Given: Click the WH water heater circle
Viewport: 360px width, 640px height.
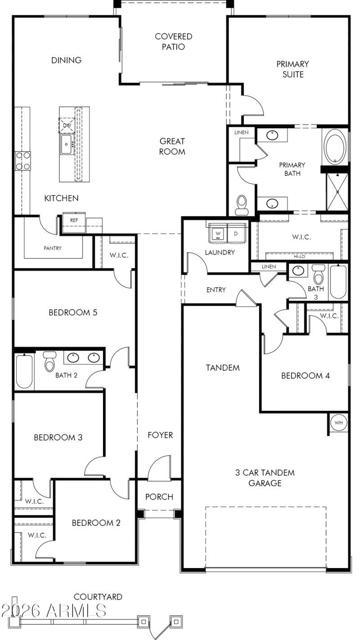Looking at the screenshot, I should click(339, 423).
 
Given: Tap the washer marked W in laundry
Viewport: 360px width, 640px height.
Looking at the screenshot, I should click(218, 234).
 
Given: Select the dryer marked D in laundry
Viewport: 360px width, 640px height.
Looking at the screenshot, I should click(236, 234).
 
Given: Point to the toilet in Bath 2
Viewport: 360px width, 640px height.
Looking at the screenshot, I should click(49, 361).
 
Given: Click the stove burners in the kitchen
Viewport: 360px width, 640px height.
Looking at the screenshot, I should click(23, 161).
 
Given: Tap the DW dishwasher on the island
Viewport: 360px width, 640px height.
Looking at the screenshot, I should click(67, 125).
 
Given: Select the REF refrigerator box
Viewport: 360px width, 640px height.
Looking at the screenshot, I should click(74, 220).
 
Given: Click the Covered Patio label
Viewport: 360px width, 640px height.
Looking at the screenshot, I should click(173, 41).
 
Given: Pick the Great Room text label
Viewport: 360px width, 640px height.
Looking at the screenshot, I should click(172, 146).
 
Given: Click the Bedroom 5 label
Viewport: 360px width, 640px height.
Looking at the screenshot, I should click(73, 312).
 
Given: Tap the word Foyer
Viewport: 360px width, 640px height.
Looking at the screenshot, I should click(160, 435).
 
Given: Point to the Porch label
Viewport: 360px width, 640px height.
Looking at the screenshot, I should click(159, 497).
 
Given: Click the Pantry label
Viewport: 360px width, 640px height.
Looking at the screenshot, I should click(53, 248).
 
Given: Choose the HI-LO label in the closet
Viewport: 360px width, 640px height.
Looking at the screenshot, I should click(299, 257).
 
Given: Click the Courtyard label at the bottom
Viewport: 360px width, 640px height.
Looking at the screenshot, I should click(98, 597).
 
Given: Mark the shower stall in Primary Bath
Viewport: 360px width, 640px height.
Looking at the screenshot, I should click(337, 191).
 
